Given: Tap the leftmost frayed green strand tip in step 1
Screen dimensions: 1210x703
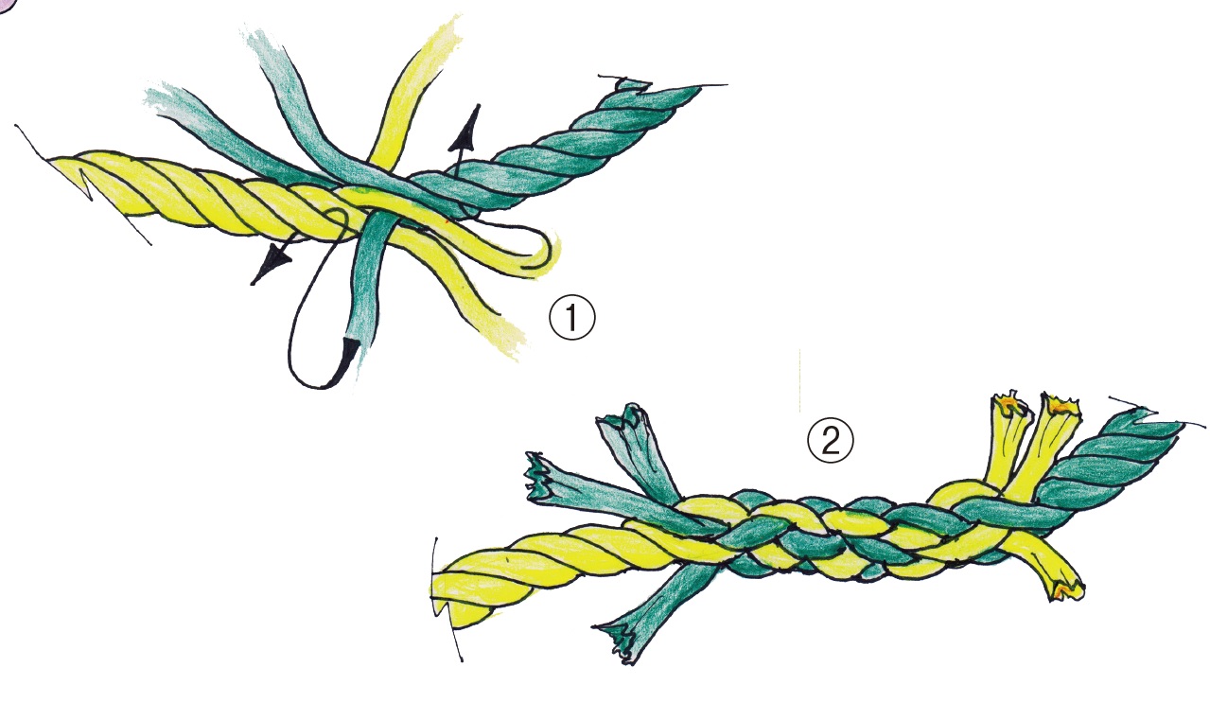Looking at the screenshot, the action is pyautogui.click(x=162, y=100).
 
